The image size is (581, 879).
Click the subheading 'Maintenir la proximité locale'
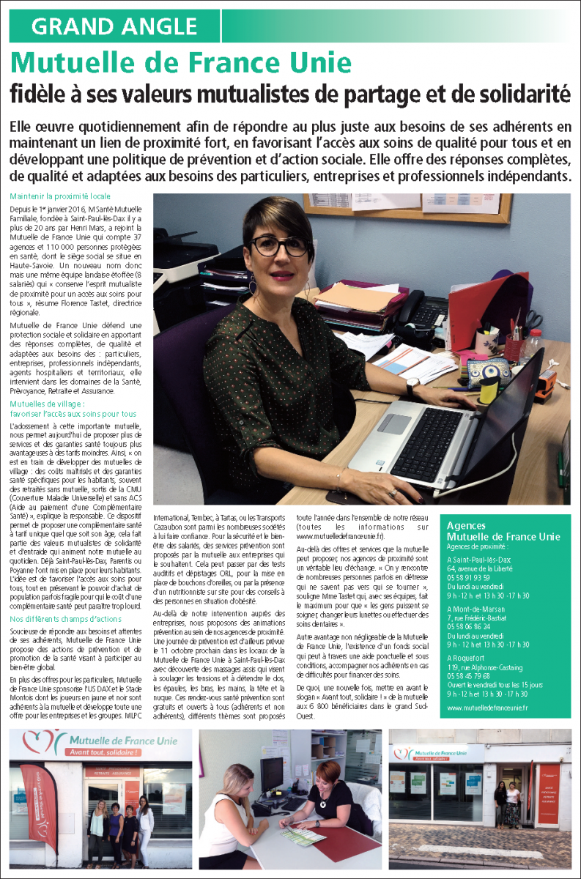click(60, 196)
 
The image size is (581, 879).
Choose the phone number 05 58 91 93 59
click(469, 577)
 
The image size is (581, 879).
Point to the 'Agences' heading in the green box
click(467, 526)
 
